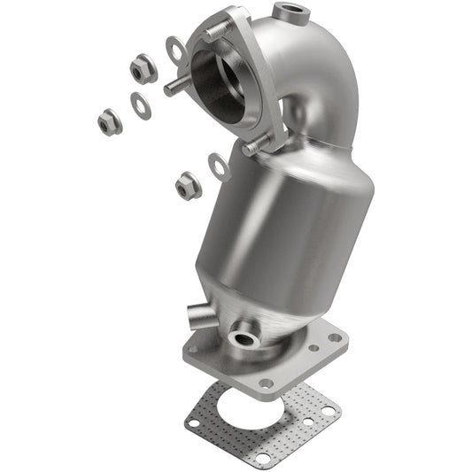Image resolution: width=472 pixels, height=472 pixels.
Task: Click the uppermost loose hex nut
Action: (142, 67)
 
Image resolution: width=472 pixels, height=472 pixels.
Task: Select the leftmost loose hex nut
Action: (108, 123)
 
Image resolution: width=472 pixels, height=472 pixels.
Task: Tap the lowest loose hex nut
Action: (186, 185)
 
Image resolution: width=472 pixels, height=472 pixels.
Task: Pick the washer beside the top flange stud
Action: (174, 50)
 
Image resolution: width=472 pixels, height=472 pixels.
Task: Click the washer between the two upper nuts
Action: (140, 104)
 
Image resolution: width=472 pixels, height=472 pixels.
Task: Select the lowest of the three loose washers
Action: (219, 165)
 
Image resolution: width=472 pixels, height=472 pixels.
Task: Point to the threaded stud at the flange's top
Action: (213, 34)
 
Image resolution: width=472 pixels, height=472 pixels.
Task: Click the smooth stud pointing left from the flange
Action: (174, 88)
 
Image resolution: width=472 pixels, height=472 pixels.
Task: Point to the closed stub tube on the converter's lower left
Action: (200, 315)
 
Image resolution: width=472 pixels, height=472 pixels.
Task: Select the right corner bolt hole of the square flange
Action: (335, 337)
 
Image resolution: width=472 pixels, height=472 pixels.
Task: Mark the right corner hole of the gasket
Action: (328, 411)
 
